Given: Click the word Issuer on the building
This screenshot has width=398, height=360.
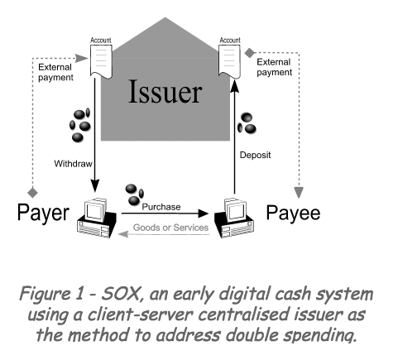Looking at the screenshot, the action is [x=165, y=91].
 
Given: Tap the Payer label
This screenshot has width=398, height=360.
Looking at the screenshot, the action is [x=43, y=213].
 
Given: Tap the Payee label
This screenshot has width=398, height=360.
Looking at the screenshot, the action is [x=293, y=213].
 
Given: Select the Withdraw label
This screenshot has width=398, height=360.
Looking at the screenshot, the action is [x=73, y=164].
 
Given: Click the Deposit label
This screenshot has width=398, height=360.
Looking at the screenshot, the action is [x=255, y=155].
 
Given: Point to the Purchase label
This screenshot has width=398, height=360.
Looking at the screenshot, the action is [x=161, y=207].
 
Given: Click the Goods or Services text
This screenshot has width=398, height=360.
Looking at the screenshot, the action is [x=170, y=228].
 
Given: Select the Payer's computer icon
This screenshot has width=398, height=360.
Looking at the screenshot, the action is [x=97, y=218].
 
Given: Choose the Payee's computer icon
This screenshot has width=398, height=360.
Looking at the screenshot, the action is [x=234, y=218].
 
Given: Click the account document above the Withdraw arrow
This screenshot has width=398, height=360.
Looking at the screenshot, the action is [x=101, y=58].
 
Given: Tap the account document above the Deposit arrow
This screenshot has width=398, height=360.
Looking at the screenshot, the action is [x=230, y=58].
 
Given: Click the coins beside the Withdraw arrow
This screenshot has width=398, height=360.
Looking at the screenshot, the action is [x=80, y=125].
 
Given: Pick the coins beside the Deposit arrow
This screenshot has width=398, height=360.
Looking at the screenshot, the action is [x=247, y=123].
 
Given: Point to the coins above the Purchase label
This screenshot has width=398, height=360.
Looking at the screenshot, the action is [x=134, y=194].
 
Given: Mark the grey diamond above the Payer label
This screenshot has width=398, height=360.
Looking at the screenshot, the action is [x=32, y=192].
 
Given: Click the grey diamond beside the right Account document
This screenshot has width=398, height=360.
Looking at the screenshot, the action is [x=250, y=53].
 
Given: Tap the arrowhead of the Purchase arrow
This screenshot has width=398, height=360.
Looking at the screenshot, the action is [x=203, y=214].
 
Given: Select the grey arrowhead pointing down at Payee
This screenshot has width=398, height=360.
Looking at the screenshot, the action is [x=299, y=192].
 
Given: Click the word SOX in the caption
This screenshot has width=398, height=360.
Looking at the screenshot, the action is [x=123, y=294].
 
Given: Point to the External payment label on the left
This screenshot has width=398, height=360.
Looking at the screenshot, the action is [x=55, y=72].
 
